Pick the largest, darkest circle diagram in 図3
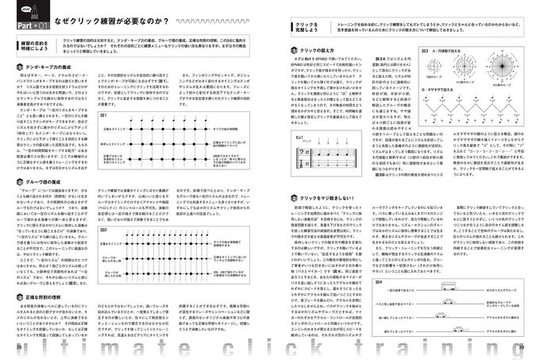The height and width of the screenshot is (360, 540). (x=443, y=93)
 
